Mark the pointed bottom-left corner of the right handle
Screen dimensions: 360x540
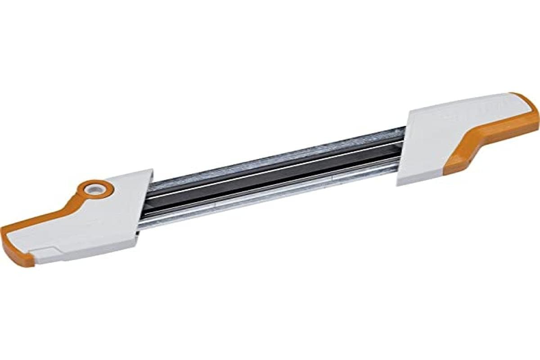[398, 183]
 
